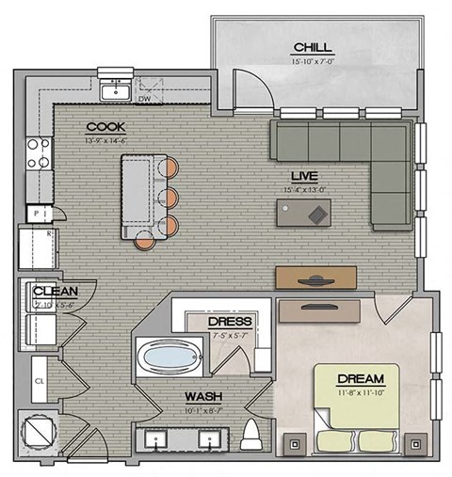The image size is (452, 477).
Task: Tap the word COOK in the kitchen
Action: (105, 127)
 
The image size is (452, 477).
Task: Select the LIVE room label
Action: (302, 176)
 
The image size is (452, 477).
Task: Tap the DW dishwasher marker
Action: (144, 98)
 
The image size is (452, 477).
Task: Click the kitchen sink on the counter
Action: (119, 92)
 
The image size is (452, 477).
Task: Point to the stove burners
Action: (39, 153)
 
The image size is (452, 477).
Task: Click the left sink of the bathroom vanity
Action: (155, 438)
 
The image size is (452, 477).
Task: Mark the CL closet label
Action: (40, 382)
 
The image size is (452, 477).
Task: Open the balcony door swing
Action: (252, 87)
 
